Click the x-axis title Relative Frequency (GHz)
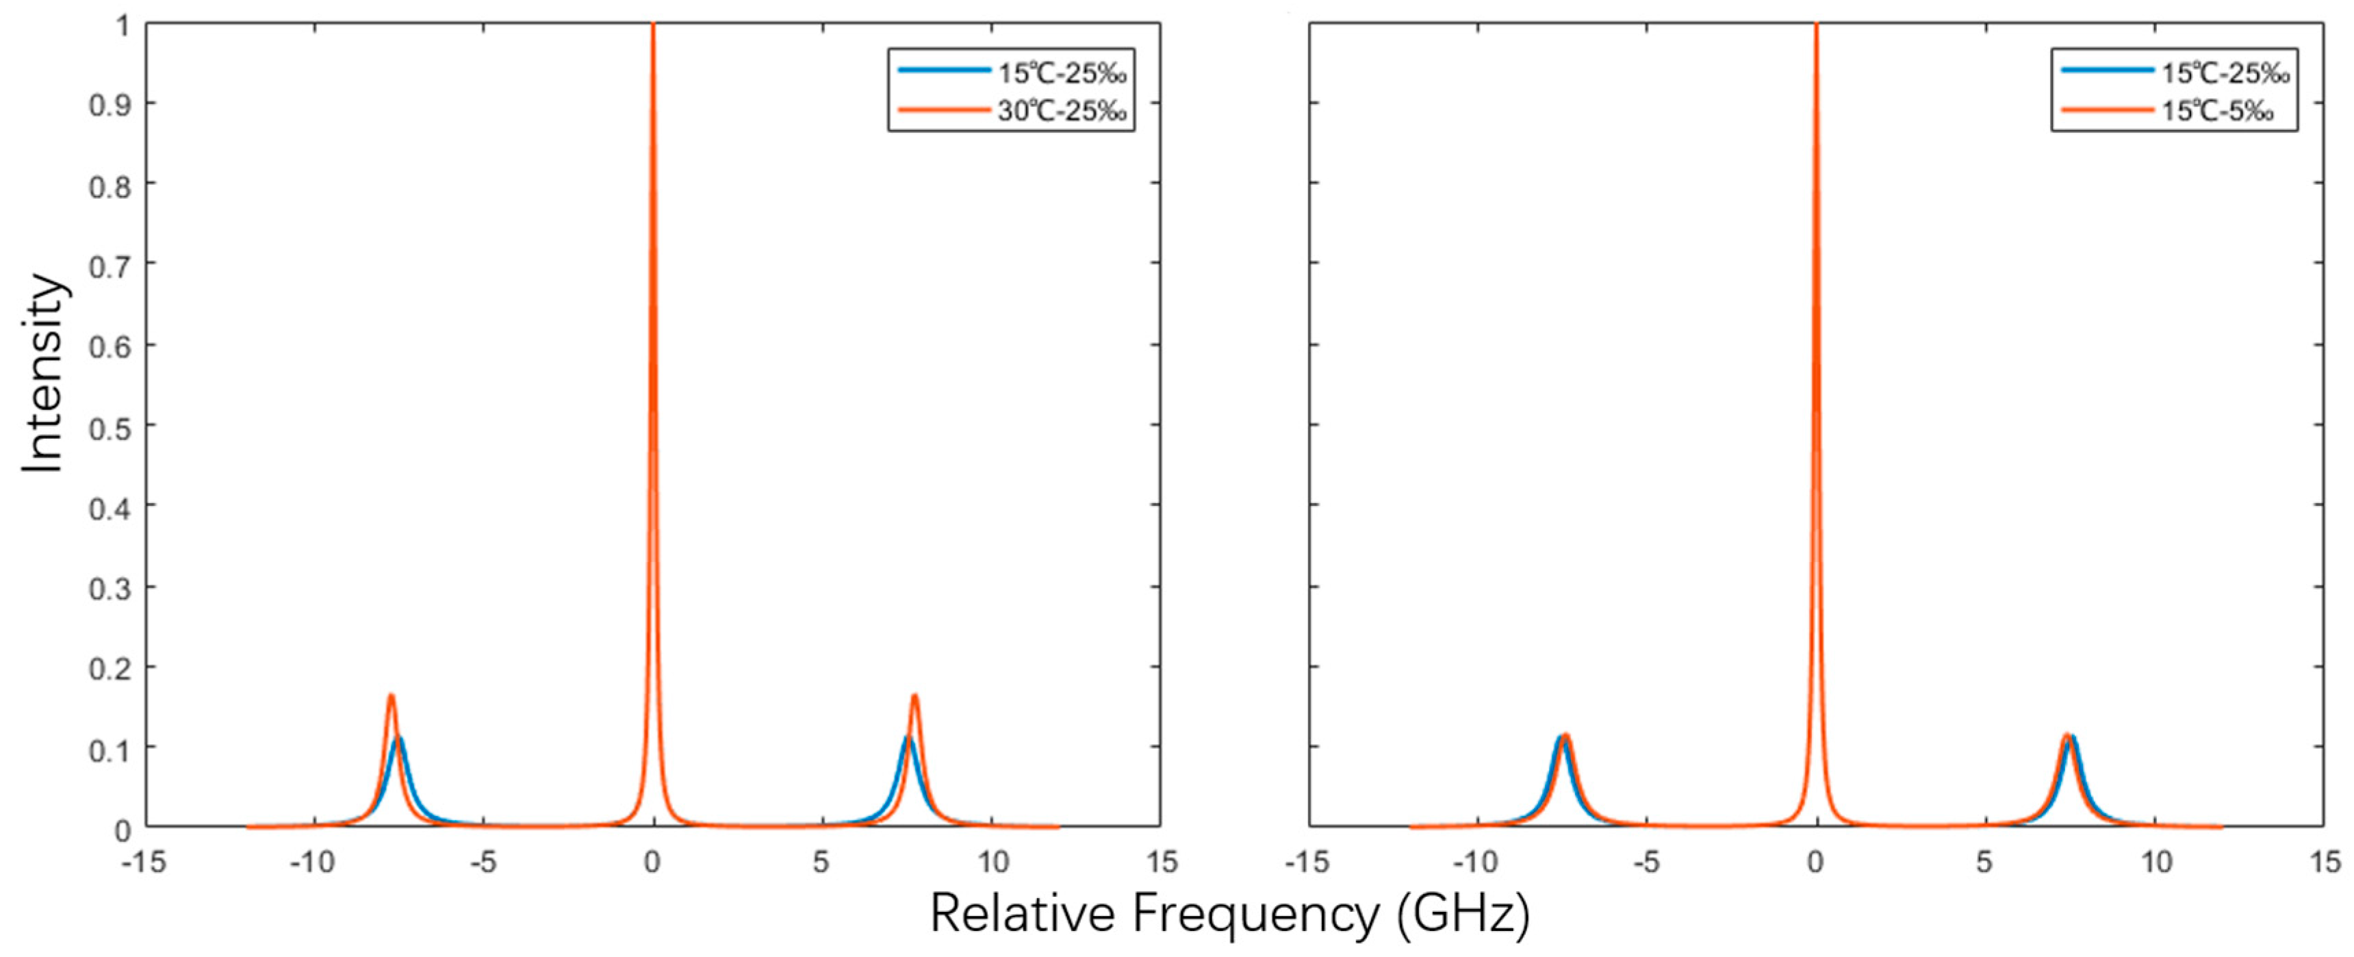coord(1229,914)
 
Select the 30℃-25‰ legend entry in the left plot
coord(1061,112)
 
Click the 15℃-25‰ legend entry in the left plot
coord(1061,72)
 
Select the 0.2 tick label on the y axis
coord(110,668)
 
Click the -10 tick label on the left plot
coord(313,862)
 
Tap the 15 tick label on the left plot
coord(1162,862)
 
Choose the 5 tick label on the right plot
coord(1984,862)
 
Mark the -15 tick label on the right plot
coord(1307,862)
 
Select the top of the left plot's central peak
coord(652,27)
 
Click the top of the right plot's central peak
coord(1816,27)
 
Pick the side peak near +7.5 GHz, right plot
coord(2069,737)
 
